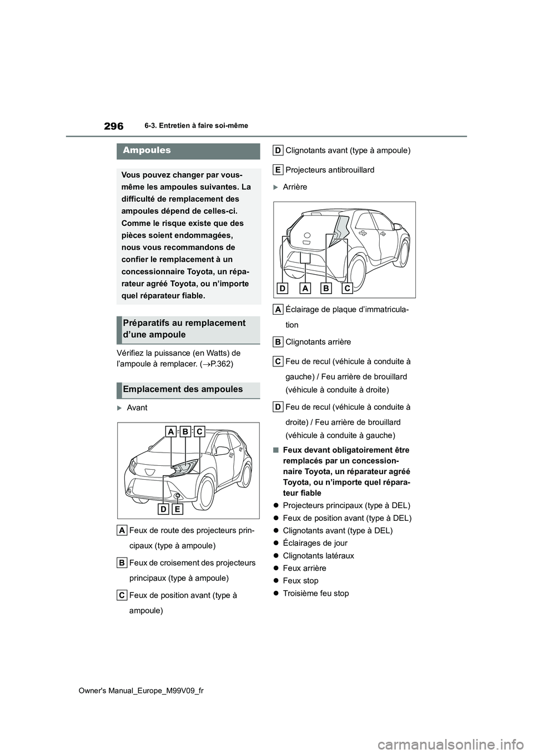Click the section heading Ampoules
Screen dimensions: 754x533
point(147,150)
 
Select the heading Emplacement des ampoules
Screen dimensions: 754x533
point(183,389)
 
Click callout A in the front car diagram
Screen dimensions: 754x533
point(172,432)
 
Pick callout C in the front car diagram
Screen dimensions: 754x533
point(199,432)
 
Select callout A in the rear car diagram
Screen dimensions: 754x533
point(304,288)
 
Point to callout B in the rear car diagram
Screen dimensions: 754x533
point(326,288)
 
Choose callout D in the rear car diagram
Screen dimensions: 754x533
point(283,288)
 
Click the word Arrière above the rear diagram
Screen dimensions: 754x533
point(295,187)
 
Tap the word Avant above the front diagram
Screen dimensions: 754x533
point(137,408)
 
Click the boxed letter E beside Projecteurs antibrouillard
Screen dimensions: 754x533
point(279,169)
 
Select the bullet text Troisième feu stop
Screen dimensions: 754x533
point(316,593)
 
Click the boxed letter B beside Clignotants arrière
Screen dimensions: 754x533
point(279,341)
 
